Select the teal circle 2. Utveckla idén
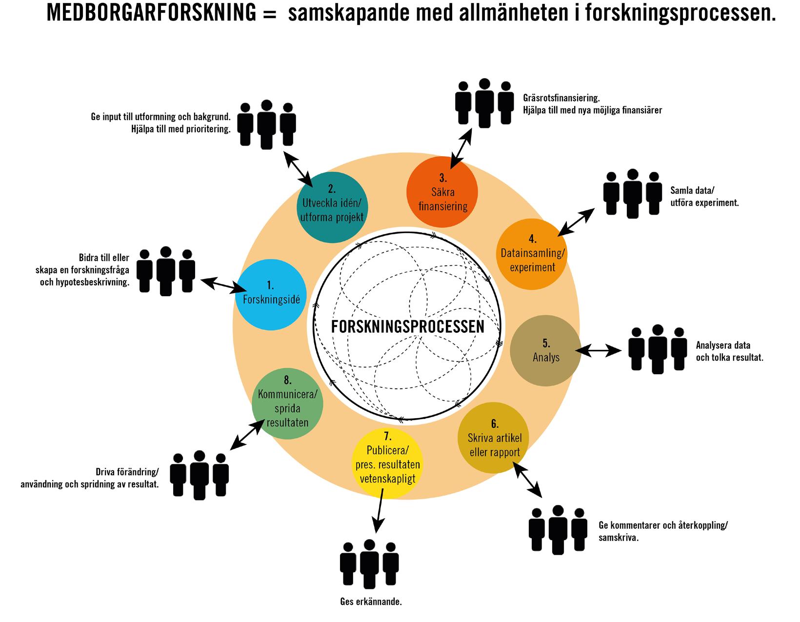pos(332,208)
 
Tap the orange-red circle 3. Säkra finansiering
pos(442,192)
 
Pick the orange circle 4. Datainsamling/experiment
pos(532,254)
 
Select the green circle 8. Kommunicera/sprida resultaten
pos(288,403)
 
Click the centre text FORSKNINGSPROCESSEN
pos(407,326)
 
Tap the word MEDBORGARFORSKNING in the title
pos(151,14)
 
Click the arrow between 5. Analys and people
pos(599,350)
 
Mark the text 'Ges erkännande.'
pos(371,602)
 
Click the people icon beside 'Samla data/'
pos(633,193)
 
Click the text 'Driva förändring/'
pos(127,472)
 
